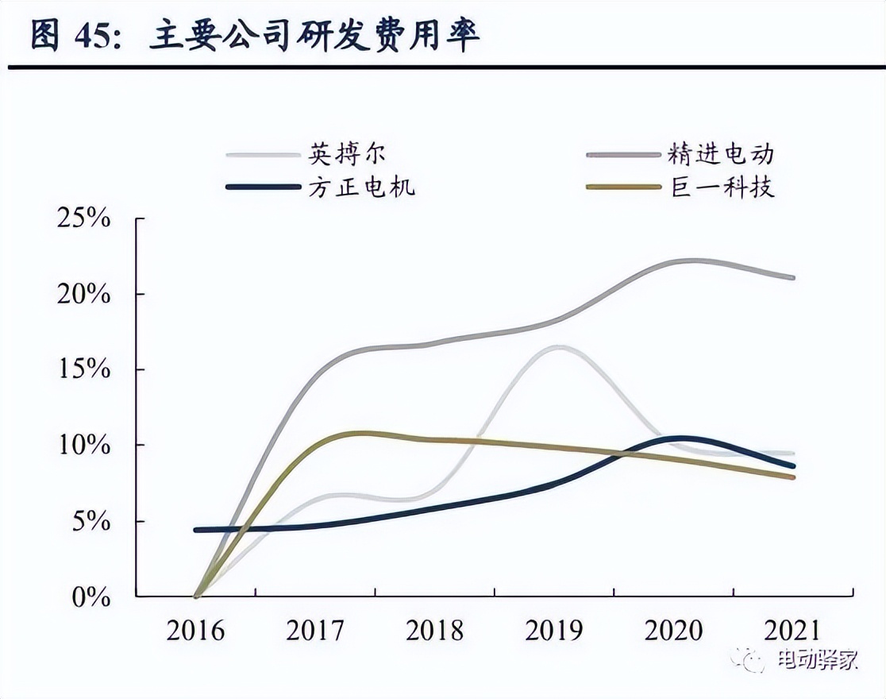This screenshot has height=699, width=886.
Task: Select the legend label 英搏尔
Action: pyautogui.click(x=347, y=153)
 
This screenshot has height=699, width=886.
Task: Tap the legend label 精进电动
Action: pyautogui.click(x=720, y=153)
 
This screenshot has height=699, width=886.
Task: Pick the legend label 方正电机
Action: pyautogui.click(x=361, y=187)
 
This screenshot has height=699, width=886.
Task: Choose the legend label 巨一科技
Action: pyautogui.click(x=720, y=187)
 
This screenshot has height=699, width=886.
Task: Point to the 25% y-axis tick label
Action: pyautogui.click(x=83, y=218)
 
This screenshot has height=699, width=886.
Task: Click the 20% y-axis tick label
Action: pyautogui.click(x=83, y=295)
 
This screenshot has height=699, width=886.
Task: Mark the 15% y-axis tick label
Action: pyautogui.click(x=83, y=370)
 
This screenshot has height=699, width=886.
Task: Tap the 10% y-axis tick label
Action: pyautogui.click(x=83, y=446)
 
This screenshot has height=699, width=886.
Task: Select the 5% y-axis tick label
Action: pyautogui.click(x=89, y=522)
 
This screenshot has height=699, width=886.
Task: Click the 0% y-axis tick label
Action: pyautogui.click(x=89, y=597)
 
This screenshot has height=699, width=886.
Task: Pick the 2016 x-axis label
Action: pyautogui.click(x=195, y=631)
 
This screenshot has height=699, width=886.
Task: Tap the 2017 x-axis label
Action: pyautogui.click(x=315, y=631)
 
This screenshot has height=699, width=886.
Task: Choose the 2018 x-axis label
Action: pyautogui.click(x=435, y=631)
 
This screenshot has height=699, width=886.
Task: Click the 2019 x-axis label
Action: pyautogui.click(x=554, y=631)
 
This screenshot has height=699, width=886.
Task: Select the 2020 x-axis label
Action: pyautogui.click(x=674, y=631)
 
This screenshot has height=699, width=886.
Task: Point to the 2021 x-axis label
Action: pyautogui.click(x=793, y=631)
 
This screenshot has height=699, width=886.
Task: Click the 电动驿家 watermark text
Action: pyautogui.click(x=818, y=660)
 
